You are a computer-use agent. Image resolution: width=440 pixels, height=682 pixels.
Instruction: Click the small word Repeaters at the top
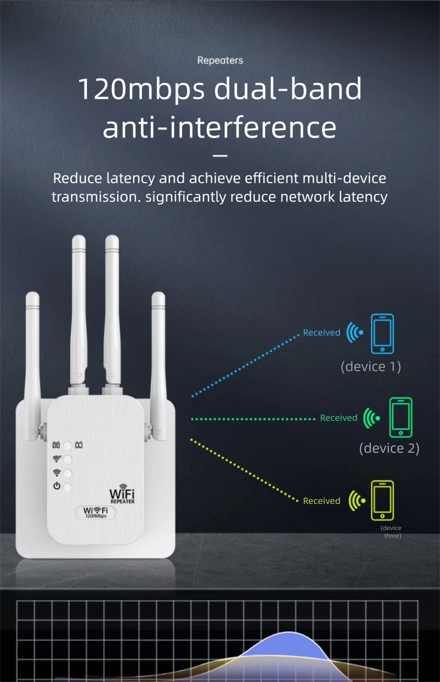point(220,60)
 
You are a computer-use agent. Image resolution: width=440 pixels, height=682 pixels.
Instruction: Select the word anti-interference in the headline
point(219,127)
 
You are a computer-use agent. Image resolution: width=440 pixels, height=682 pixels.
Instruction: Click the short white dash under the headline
point(219,156)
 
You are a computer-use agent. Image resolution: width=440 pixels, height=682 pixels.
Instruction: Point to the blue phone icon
point(382,333)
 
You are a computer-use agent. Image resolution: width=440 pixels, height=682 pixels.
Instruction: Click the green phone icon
point(400,417)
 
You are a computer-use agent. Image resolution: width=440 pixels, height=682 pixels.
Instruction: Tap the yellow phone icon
point(382,500)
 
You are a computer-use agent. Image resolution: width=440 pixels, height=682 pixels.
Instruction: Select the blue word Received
point(322,333)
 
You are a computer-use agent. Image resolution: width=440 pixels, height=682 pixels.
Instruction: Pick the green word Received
point(339,418)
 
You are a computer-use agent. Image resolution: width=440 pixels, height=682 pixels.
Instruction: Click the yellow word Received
point(322,501)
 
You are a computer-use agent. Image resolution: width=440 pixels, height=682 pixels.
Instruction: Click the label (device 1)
point(371,366)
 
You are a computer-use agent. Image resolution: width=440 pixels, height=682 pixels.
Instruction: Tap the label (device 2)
point(389,448)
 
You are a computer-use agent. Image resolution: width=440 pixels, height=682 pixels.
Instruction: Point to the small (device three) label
point(392,532)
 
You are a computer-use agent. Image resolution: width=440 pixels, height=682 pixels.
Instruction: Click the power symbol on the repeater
point(56,485)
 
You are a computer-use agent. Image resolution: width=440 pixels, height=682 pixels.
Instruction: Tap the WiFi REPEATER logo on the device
point(122,495)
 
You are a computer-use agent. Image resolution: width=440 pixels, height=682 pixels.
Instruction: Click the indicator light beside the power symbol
point(68,487)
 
